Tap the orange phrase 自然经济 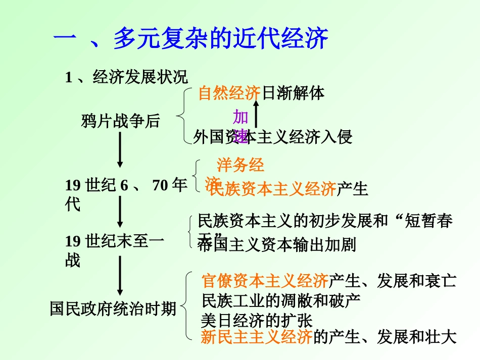tap(229, 93)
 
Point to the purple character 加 tap(241, 118)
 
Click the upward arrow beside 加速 tap(256, 113)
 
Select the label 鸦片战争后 tap(120, 121)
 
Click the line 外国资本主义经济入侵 tap(273, 137)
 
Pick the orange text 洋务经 tap(241, 165)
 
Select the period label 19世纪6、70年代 tap(126, 194)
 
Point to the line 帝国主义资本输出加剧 tap(277, 245)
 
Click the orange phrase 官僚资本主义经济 tap(265, 281)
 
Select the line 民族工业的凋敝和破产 tap(280, 300)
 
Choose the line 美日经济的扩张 tap(257, 320)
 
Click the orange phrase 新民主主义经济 tap(257, 337)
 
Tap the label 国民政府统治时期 tap(113, 308)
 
